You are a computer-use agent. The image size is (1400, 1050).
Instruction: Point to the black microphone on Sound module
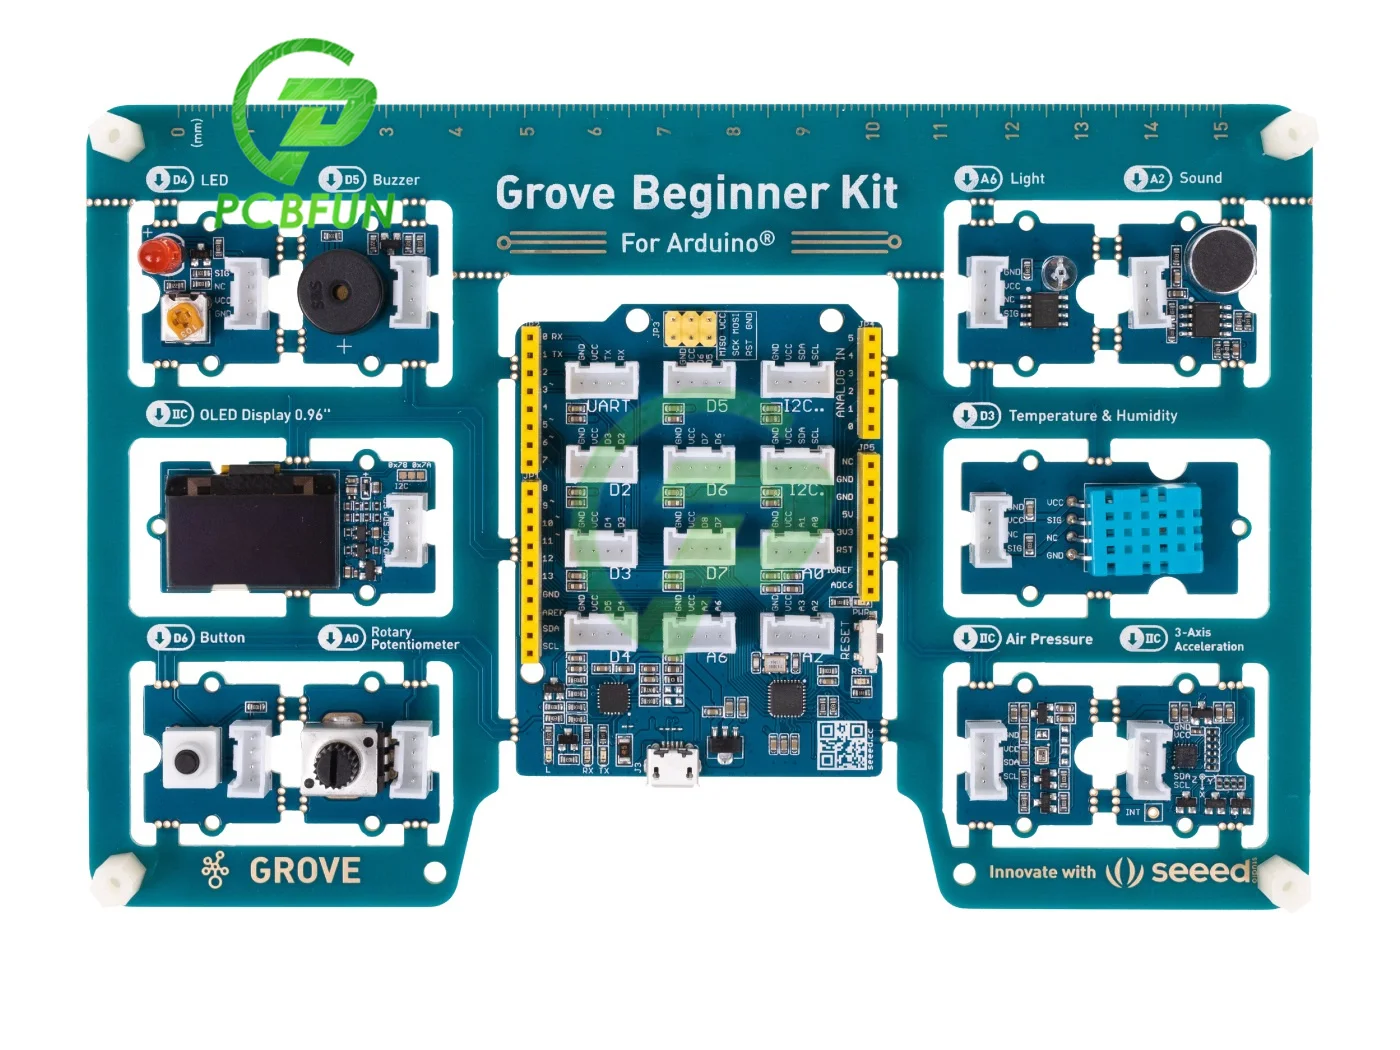tap(1221, 260)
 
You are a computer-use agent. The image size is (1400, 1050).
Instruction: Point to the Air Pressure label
tap(1049, 639)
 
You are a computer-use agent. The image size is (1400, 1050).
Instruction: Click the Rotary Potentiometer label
tap(414, 638)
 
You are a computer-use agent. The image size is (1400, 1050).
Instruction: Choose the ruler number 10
tap(872, 130)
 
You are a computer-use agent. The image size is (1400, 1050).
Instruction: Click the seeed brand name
tap(1200, 871)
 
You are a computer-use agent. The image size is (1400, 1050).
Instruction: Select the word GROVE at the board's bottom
tap(304, 871)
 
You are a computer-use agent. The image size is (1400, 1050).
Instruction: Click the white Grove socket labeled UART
tap(602, 380)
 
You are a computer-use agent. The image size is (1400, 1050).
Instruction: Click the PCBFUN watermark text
tap(304, 210)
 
